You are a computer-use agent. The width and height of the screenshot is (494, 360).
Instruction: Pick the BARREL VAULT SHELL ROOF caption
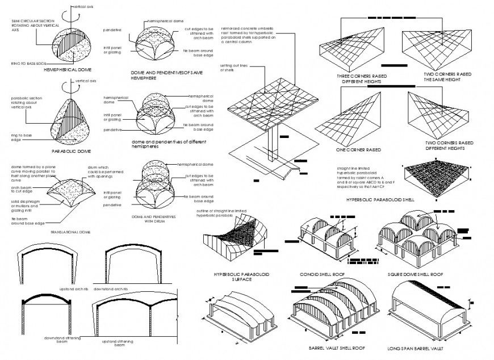point(337,348)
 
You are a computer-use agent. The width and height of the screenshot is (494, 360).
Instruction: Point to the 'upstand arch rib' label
point(74,288)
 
